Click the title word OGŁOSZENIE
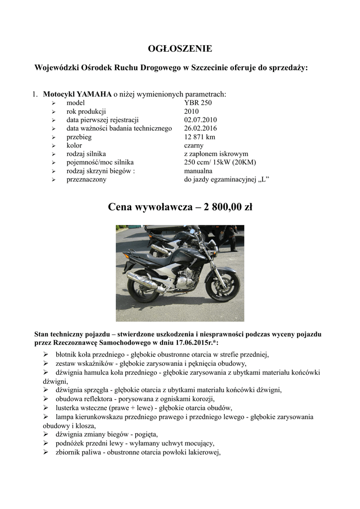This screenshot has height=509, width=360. [180, 49]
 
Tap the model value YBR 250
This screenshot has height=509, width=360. [198, 103]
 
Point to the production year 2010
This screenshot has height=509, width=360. [191, 111]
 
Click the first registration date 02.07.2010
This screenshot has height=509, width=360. [200, 120]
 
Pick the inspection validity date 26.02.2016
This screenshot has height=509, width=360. [200, 128]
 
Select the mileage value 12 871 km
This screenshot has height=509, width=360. [199, 137]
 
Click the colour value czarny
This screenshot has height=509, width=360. [193, 146]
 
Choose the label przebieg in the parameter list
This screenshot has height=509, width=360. [79, 137]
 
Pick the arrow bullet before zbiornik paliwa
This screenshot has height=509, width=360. [45, 452]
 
